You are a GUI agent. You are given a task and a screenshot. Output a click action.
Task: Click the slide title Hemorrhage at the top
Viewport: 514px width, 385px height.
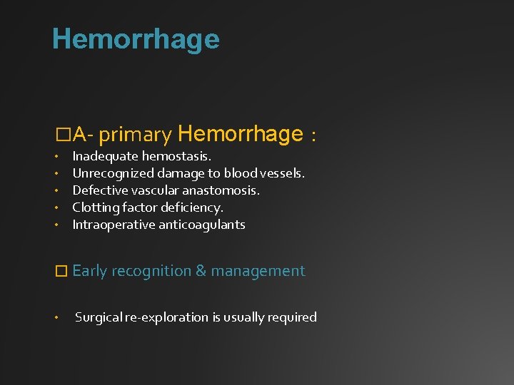(x=136, y=39)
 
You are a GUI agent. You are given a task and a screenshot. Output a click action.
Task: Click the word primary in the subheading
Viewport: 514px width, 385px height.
(x=136, y=135)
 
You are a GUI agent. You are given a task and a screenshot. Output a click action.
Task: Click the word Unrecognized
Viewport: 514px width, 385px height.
(x=111, y=173)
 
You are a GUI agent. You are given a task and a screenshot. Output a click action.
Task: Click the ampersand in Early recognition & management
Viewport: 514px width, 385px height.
(x=201, y=271)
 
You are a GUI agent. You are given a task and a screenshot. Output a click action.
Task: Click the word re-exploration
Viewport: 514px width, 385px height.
(x=168, y=317)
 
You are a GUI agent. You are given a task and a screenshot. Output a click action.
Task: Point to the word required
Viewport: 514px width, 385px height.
(x=291, y=317)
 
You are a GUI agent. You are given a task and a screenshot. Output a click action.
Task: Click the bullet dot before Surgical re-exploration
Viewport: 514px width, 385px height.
(x=56, y=318)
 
